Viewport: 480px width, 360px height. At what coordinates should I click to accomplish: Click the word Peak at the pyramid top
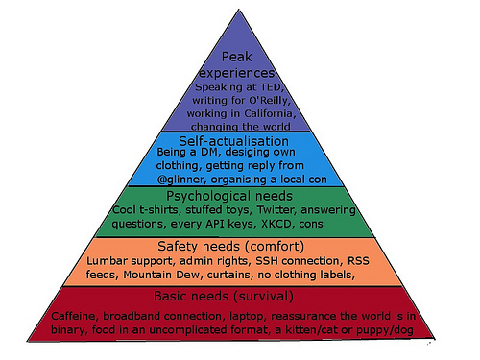234,57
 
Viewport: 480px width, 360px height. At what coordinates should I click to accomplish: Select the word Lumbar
108,260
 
